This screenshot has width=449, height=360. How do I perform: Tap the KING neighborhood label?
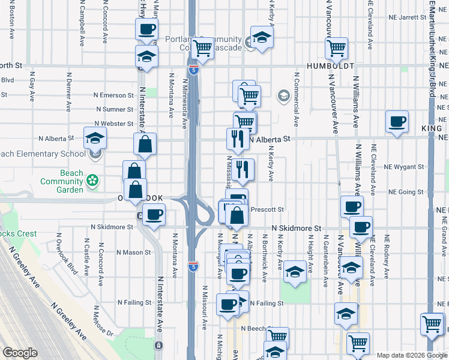(432, 128)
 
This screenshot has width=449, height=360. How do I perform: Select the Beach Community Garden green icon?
(92, 180)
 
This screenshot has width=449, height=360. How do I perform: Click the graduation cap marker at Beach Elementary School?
(95, 139)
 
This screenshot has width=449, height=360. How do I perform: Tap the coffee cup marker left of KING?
(397, 122)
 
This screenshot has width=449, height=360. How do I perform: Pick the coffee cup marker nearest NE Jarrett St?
(147, 28)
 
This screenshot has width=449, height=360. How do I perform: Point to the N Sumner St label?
(115, 110)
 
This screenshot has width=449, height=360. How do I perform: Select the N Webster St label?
(115, 124)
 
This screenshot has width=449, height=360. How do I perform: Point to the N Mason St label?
(123, 253)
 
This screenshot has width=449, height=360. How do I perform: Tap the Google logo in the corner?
(20, 352)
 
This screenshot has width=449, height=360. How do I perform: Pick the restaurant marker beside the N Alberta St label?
(236, 139)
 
